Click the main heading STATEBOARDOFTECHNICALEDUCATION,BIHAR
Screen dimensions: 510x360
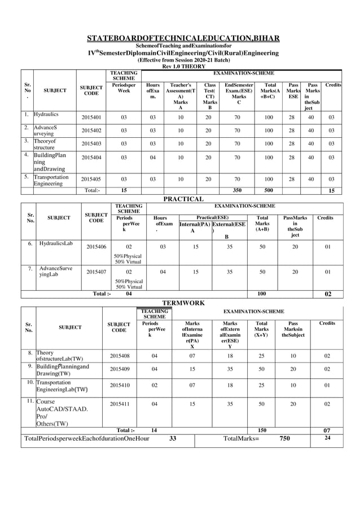[183, 38]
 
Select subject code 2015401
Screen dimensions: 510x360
[92, 117]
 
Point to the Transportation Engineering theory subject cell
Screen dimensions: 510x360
[51, 180]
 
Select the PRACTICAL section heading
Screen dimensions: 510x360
[183, 199]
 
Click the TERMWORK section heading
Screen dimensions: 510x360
[183, 303]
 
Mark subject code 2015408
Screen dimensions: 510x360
[118, 356]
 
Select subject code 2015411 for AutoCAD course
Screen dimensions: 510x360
[118, 404]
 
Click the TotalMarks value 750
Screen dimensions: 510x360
[285, 438]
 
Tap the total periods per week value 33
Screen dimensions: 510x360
[173, 438]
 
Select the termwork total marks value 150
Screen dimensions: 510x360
[261, 430]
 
